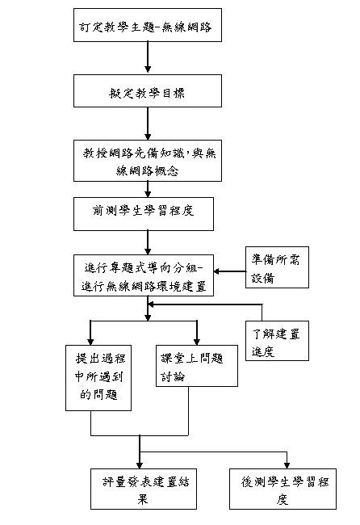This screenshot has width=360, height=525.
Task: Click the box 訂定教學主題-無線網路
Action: pos(148,25)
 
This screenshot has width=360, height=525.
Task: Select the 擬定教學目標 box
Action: pos(148,90)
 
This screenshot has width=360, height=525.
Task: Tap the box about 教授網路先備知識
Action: pos(148,161)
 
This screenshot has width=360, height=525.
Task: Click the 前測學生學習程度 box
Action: pos(144,214)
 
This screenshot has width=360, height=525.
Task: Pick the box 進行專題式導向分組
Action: pos(144,275)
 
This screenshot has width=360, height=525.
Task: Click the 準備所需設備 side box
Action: pos(277,267)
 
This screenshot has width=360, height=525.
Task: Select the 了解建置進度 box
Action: pos(277,341)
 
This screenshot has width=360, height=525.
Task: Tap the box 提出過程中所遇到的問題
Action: pos(98,378)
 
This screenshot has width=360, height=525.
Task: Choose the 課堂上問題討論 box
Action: pos(197,366)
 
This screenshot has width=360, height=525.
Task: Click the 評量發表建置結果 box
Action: pos(144,489)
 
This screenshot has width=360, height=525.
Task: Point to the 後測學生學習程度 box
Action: pos(283,489)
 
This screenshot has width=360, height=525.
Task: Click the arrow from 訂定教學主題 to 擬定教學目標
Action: pos(148,57)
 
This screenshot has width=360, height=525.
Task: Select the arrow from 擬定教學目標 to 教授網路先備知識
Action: pos(148,124)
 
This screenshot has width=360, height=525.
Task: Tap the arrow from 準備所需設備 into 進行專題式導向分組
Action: pos(229,271)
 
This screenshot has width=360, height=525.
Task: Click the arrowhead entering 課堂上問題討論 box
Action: pos(197,342)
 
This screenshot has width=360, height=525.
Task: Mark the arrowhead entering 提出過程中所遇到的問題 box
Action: pos(90,342)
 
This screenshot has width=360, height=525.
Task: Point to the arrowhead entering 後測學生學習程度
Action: pos(287,465)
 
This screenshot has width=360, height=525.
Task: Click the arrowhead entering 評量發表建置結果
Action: pos(140,465)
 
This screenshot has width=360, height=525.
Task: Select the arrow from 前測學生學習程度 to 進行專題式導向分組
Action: pos(148,242)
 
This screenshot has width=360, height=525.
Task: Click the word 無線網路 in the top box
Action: pos(186,27)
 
